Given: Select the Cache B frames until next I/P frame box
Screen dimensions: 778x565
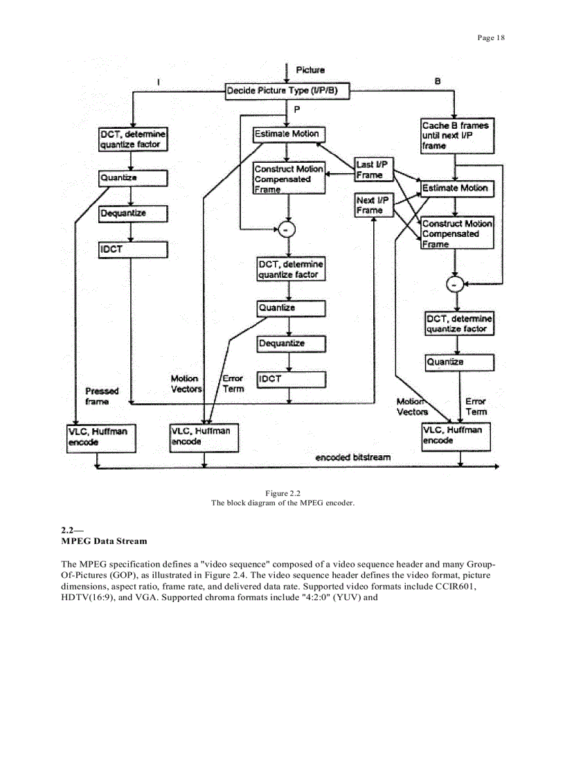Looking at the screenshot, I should tap(458, 136).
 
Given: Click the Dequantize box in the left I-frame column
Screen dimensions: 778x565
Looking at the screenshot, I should tap(133, 213).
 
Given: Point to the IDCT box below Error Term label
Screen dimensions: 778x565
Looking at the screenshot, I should tap(291, 379).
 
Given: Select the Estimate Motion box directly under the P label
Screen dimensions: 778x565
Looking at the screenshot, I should tap(289, 134).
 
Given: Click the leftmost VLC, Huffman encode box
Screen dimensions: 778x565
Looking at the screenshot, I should tap(98, 437).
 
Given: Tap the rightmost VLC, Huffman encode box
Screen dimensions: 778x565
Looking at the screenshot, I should tap(458, 436).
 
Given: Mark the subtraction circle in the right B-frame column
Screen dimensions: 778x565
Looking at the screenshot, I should tap(454, 284).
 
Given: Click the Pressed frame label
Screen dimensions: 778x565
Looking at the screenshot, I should tap(102, 396).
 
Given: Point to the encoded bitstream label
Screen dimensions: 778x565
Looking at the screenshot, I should tap(352, 457).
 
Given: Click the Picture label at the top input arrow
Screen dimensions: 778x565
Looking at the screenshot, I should tap(310, 70).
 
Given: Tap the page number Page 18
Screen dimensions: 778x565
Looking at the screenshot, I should tap(491, 37).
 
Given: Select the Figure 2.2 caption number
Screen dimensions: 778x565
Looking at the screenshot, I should tap(282, 493).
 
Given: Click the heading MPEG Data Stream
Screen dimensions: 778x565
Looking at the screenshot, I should tap(104, 540).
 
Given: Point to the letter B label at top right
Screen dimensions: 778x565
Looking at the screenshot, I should tap(438, 81).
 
